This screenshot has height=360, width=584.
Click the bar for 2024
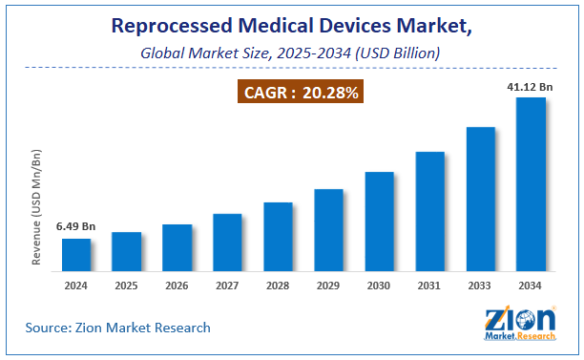(x=76, y=254)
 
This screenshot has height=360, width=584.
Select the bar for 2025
(x=126, y=250)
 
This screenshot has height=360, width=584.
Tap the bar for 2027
(x=227, y=242)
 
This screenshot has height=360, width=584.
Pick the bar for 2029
(x=328, y=229)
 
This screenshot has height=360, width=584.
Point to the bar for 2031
(x=429, y=210)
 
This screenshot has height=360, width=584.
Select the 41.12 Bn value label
(x=531, y=86)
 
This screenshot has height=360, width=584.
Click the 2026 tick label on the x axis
(x=177, y=286)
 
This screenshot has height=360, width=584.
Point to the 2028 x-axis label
(x=278, y=286)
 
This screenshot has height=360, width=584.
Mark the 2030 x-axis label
(x=379, y=286)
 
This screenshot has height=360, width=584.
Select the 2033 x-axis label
(x=480, y=286)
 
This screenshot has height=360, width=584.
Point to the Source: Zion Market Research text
(x=118, y=328)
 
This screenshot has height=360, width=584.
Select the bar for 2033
(x=480, y=198)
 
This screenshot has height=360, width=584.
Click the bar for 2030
(x=379, y=221)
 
